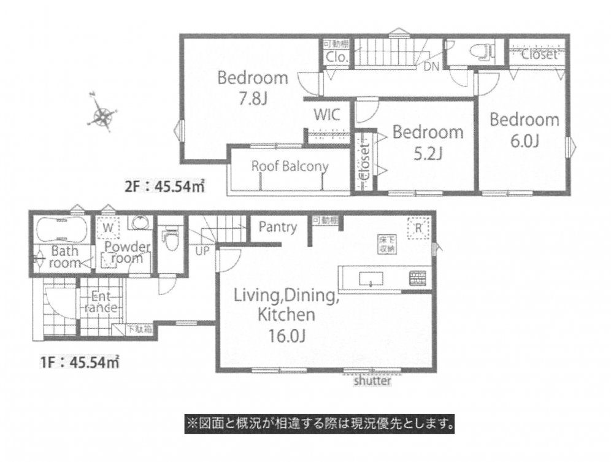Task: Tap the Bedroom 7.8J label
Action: click(253, 88)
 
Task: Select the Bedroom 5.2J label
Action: click(428, 142)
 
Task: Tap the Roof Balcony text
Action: click(290, 166)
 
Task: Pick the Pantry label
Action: click(277, 228)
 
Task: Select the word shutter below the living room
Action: click(372, 380)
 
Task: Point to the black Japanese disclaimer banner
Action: click(319, 423)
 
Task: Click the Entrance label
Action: click(98, 301)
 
